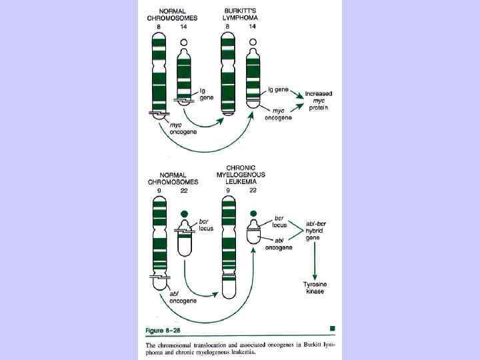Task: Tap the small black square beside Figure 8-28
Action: point(332,328)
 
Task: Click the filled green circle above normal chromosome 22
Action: point(184,213)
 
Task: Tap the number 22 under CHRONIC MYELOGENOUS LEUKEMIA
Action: point(253,191)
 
